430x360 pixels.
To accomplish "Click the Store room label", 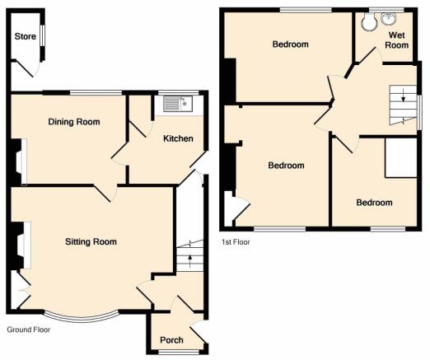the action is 26,36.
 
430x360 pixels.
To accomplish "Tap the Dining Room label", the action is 74,122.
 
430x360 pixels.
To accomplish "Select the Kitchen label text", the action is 178,138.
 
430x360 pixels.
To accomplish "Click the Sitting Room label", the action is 91,241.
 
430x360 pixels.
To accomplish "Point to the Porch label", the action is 171,340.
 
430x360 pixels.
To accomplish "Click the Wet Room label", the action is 397,40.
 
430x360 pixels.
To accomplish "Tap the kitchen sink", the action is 178,104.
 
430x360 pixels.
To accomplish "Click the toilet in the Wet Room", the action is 367,21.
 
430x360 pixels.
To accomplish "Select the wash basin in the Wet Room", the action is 389,18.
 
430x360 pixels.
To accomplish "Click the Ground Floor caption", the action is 29,330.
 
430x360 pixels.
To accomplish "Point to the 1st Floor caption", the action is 236,242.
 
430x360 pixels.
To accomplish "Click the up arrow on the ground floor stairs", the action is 189,261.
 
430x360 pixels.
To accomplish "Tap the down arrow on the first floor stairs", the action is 403,95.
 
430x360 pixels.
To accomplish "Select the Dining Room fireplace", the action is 21,162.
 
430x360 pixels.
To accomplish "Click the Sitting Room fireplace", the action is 23,245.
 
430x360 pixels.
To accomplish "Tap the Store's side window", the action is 42,36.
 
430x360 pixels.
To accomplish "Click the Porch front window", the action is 180,352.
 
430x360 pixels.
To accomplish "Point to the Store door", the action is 26,68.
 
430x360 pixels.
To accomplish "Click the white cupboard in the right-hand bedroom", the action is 401,157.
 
